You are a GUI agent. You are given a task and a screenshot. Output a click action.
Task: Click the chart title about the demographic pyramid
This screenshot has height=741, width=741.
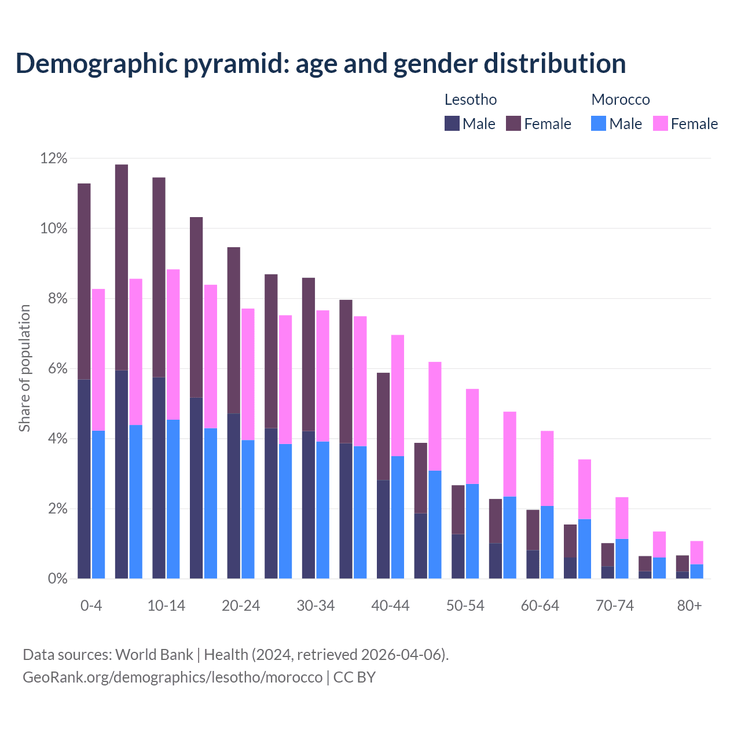pyautogui.click(x=321, y=63)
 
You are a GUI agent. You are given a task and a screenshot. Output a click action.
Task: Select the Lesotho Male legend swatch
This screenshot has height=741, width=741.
pyautogui.click(x=452, y=123)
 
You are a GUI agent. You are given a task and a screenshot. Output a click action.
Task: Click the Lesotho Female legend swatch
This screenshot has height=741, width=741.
pyautogui.click(x=513, y=123)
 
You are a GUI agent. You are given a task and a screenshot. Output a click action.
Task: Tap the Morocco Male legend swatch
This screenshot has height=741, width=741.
pyautogui.click(x=599, y=123)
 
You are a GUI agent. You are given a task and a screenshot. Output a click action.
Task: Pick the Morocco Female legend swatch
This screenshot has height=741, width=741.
pyautogui.click(x=661, y=123)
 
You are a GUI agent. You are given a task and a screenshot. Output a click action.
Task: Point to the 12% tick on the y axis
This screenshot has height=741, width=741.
pyautogui.click(x=54, y=158)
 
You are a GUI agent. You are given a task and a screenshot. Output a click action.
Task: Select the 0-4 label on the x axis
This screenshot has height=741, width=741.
pyautogui.click(x=91, y=606)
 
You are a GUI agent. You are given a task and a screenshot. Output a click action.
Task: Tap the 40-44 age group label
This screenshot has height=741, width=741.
pyautogui.click(x=390, y=606)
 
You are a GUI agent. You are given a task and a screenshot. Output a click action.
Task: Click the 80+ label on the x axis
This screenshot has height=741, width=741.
pyautogui.click(x=689, y=606)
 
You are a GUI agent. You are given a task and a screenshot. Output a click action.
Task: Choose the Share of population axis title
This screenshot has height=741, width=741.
pyautogui.click(x=24, y=368)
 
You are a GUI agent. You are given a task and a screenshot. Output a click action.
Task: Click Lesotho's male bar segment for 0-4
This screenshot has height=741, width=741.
pyautogui.click(x=84, y=479)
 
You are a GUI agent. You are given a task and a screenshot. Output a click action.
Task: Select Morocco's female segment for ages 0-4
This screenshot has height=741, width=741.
pyautogui.click(x=98, y=360)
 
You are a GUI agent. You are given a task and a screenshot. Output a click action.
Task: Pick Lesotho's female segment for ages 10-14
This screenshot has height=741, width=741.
pyautogui.click(x=159, y=277)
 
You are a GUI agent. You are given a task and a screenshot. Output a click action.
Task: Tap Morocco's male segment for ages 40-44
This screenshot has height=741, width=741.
pyautogui.click(x=398, y=517)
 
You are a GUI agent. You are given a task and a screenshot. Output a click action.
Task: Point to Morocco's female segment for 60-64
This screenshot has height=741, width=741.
pyautogui.click(x=547, y=468)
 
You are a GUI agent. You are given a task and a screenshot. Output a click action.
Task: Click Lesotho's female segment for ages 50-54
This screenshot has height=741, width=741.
pyautogui.click(x=458, y=509)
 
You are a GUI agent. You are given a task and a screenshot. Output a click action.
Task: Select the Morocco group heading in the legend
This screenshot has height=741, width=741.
pyautogui.click(x=621, y=100)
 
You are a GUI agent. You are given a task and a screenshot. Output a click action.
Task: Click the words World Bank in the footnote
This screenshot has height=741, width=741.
pyautogui.click(x=154, y=655)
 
